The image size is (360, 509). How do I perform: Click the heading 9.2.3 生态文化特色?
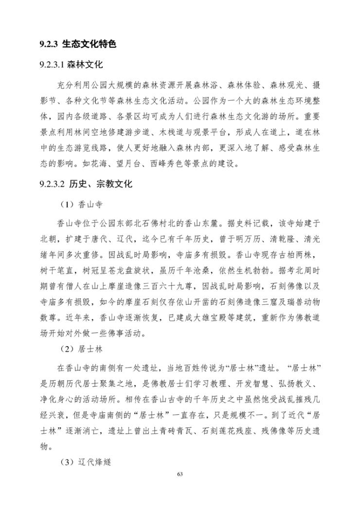tap(78, 44)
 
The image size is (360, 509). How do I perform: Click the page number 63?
tap(180, 474)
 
